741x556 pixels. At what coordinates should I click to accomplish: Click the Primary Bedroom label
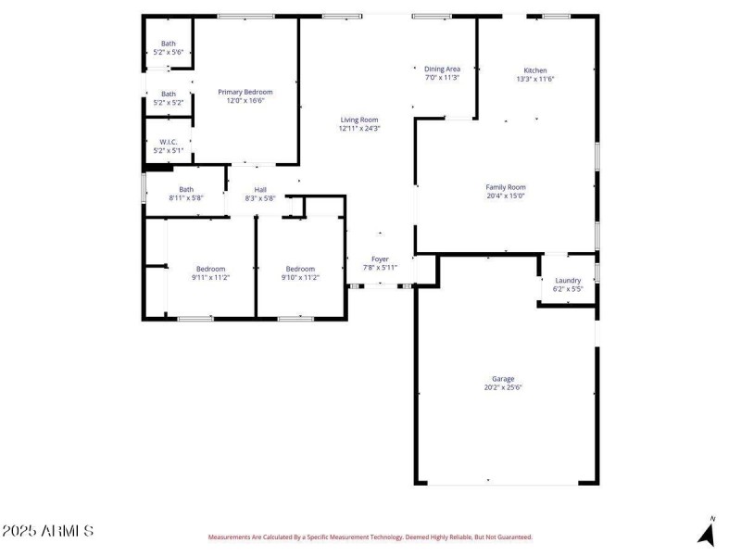(245, 92)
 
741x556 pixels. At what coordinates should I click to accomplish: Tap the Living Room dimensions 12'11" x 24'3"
(359, 129)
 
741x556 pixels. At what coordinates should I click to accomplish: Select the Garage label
(503, 379)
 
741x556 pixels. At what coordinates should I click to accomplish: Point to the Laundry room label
(568, 281)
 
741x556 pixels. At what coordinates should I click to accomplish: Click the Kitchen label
(535, 70)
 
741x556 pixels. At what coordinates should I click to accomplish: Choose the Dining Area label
(442, 69)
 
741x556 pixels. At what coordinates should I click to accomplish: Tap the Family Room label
(506, 187)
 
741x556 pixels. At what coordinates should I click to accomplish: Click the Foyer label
(380, 259)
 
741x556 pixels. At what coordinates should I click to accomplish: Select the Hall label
(261, 190)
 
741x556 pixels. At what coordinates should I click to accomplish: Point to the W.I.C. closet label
(169, 142)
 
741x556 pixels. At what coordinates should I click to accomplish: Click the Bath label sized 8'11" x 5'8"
(186, 190)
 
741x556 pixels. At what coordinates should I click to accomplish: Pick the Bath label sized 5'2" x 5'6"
(169, 44)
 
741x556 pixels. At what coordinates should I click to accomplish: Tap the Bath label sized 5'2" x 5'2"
(169, 94)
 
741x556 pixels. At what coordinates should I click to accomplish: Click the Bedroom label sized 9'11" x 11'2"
(210, 269)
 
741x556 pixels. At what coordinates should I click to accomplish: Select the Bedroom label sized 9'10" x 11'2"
(300, 269)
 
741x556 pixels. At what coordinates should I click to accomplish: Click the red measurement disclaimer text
(370, 537)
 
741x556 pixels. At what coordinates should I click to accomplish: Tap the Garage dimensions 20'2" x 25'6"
(503, 387)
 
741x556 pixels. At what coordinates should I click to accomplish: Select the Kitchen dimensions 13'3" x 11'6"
(535, 79)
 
